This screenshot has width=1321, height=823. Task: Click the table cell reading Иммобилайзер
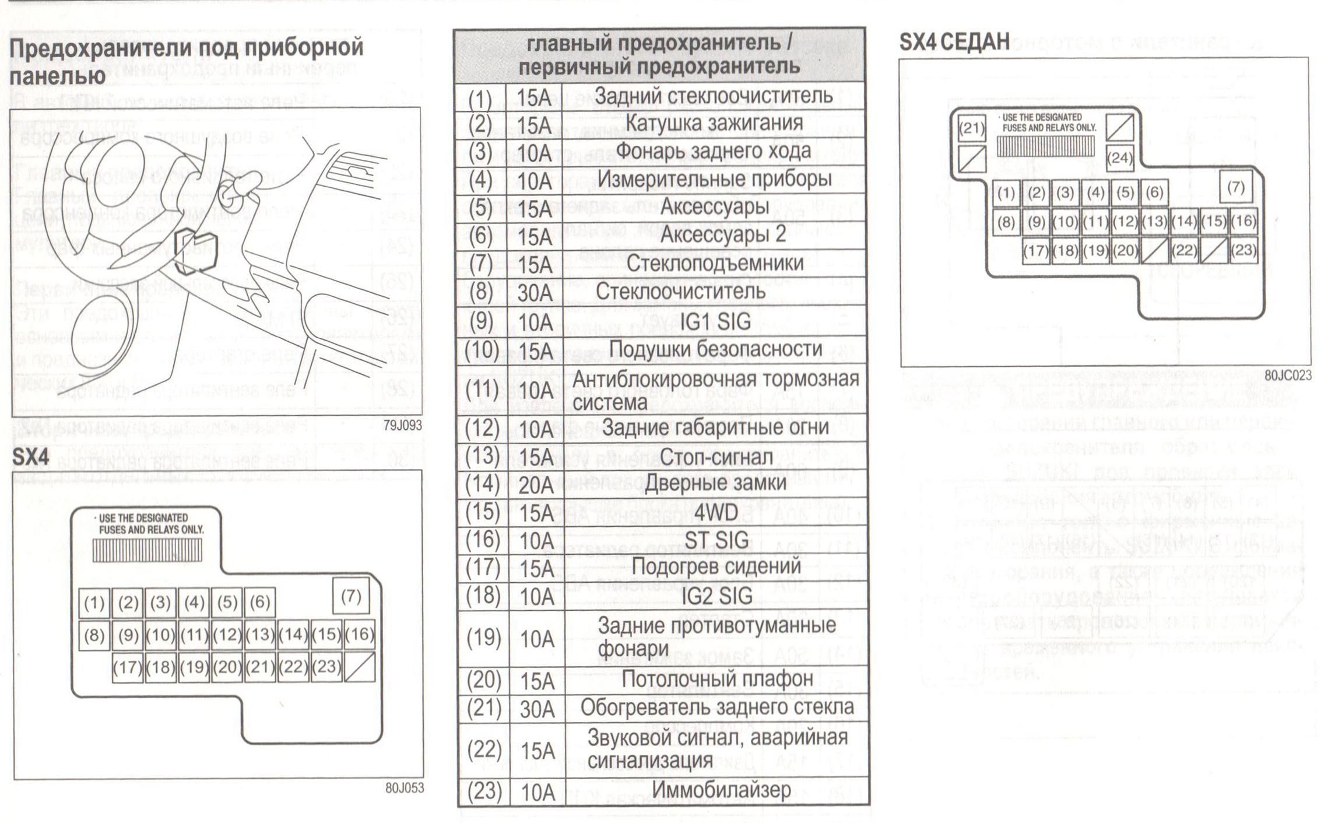(721, 791)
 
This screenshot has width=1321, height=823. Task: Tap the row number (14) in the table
(482, 484)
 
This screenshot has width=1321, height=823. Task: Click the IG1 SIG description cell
(715, 321)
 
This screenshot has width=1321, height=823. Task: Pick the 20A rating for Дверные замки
(535, 485)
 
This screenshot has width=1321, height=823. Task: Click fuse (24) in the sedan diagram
(1119, 157)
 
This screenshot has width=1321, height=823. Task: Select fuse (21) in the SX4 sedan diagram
(971, 127)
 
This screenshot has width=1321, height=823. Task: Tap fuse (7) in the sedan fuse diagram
(1235, 187)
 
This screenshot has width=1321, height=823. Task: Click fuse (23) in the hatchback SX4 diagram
(326, 666)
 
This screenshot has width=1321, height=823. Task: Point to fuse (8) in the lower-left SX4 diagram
(94, 635)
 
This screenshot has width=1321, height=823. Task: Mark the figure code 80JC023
(1287, 376)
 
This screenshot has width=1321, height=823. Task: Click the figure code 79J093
(402, 426)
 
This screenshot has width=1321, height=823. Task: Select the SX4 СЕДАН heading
(954, 42)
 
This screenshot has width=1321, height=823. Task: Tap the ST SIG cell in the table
(716, 540)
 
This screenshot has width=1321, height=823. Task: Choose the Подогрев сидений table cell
(716, 567)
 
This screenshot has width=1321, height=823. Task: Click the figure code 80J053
(404, 789)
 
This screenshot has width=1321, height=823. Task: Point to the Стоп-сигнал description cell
(716, 457)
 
